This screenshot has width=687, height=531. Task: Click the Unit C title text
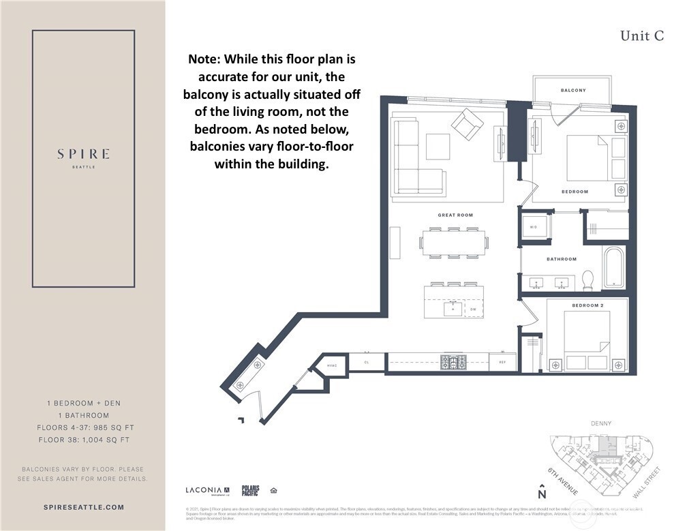tap(641, 36)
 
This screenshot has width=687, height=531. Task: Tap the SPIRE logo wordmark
tap(83, 153)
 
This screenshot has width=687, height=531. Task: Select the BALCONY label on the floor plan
tap(573, 90)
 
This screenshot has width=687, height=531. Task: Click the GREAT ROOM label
tap(455, 215)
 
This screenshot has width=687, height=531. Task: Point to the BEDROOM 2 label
tap(587, 305)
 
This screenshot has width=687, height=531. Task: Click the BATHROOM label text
tap(562, 259)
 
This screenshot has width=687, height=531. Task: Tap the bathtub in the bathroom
tap(613, 267)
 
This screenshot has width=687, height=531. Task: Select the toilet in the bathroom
tap(587, 279)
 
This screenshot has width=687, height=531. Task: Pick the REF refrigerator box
tap(503, 362)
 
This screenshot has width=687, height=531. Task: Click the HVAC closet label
tap(333, 365)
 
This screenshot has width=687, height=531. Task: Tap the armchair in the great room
tap(467, 124)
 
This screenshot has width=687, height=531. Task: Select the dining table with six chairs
tap(455, 243)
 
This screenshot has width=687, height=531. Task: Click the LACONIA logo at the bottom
tap(208, 490)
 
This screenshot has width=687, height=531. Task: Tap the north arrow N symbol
tap(542, 492)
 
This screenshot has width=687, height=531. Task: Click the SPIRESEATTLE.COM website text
tap(83, 507)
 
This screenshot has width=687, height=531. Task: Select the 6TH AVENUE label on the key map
tap(563, 482)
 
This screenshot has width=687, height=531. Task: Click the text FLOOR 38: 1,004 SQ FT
tap(83, 440)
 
